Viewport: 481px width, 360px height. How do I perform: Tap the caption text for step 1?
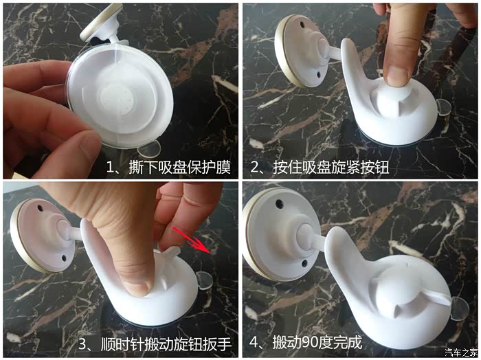(x=168, y=168)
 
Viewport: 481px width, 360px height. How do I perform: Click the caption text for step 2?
(x=320, y=168)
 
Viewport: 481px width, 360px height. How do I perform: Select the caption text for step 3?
(x=155, y=344)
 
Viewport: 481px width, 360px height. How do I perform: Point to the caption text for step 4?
(x=306, y=342)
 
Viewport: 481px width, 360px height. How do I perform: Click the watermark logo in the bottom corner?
(x=461, y=352)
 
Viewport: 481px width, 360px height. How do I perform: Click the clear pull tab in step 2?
(x=444, y=107)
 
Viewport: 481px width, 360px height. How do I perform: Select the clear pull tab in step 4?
(x=460, y=308)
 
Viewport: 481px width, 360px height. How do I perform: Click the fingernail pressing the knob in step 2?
(x=398, y=76)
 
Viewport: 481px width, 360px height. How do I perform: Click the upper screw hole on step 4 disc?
(x=279, y=203)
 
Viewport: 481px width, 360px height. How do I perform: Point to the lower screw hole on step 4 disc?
(x=304, y=263)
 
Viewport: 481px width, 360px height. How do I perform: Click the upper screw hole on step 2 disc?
(x=302, y=24)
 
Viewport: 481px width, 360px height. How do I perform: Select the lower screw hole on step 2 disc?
(x=318, y=74)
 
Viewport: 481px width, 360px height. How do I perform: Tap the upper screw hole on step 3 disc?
(x=40, y=208)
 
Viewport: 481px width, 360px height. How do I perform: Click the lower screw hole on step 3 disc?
(x=64, y=258)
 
